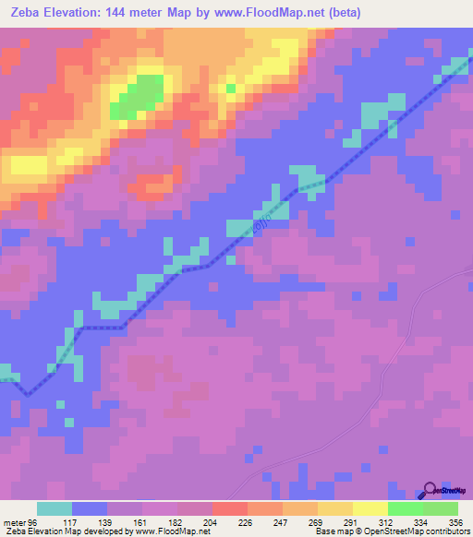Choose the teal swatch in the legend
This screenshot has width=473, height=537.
tap(55, 508)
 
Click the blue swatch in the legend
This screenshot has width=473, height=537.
tap(90, 508)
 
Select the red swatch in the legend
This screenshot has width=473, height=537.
tap(230, 508)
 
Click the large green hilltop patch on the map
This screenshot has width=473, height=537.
tap(139, 96)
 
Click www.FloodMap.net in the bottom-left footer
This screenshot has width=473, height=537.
tap(176, 531)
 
